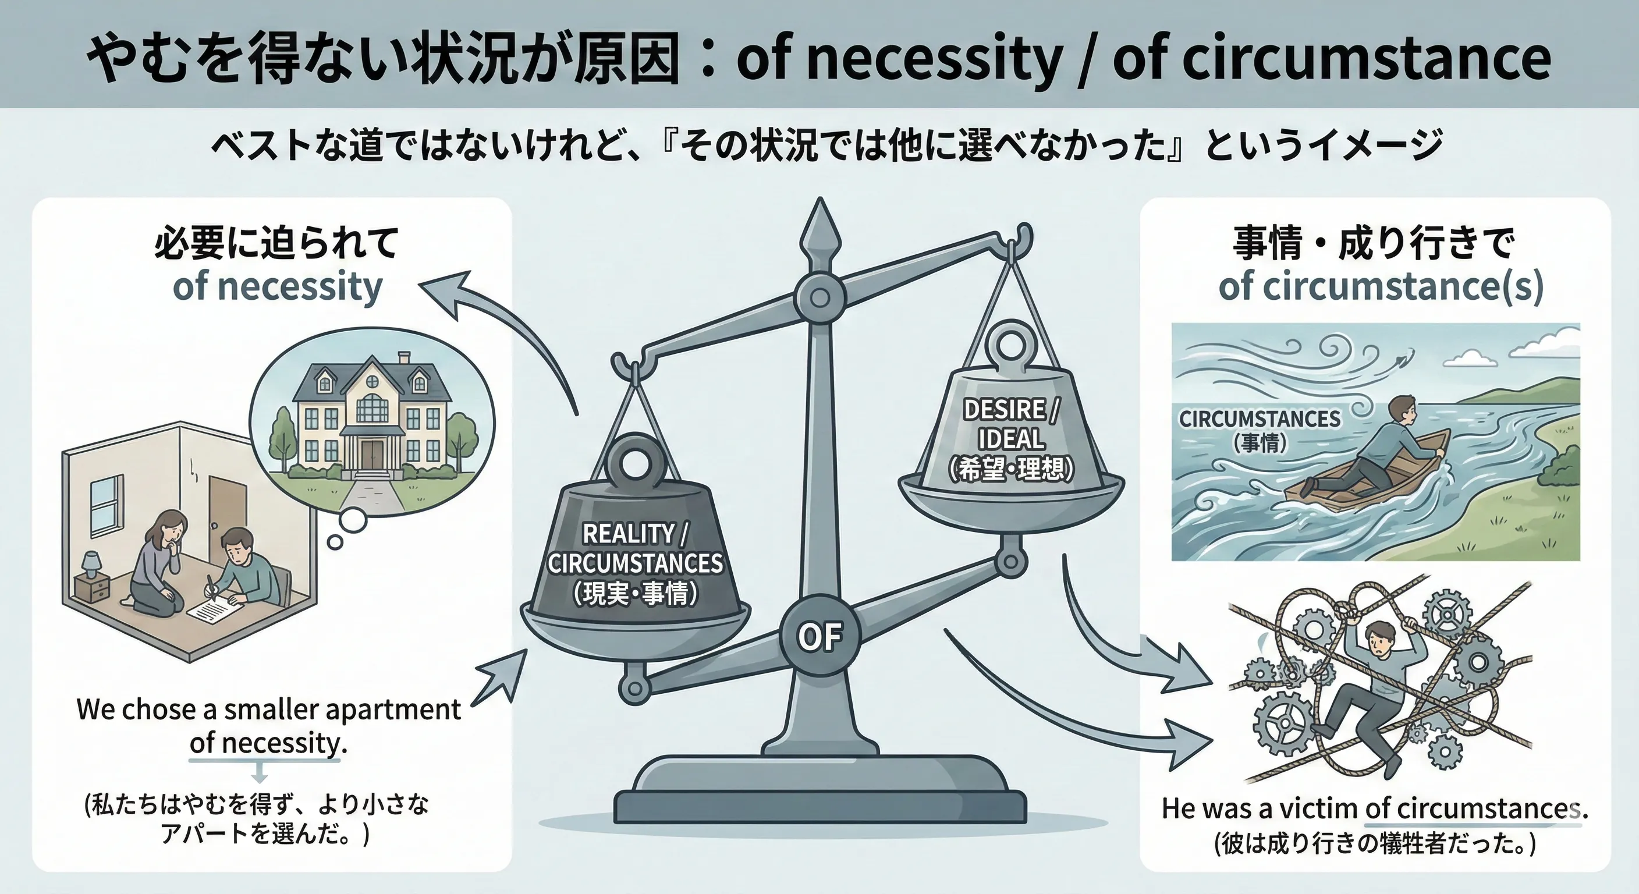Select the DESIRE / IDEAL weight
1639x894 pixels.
pos(1010,432)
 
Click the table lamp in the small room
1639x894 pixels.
pos(91,564)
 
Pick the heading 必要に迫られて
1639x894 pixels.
pos(277,243)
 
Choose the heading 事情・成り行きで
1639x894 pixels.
pos(1374,243)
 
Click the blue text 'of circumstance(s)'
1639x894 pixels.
pos(1381,286)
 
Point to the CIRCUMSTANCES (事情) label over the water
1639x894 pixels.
pos(1260,430)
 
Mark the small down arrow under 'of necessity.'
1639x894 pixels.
pos(260,773)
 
